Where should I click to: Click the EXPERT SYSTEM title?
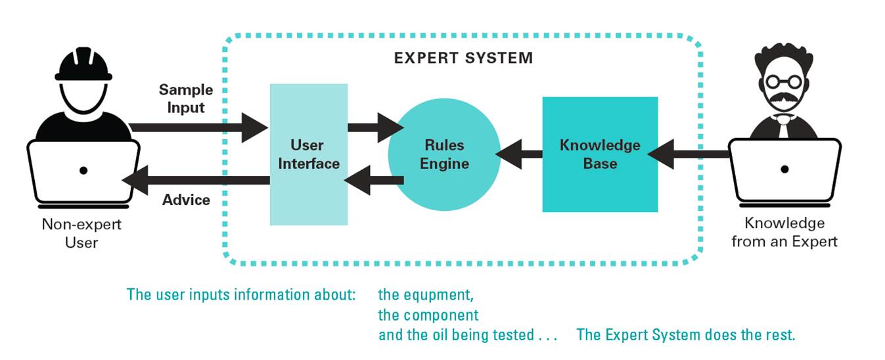point(463,58)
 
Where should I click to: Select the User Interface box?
point(308,154)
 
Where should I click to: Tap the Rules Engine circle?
point(444,154)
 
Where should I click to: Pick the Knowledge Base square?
point(600,154)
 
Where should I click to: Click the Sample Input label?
point(186,98)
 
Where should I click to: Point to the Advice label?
point(186,200)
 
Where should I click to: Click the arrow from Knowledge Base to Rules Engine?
point(519,155)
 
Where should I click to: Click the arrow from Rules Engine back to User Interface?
point(374,181)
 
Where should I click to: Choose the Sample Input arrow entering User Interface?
point(197,127)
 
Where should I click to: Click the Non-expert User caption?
point(81,233)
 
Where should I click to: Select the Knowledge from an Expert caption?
point(784,232)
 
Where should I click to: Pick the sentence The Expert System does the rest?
point(685,334)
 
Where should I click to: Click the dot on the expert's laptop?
point(784,169)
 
